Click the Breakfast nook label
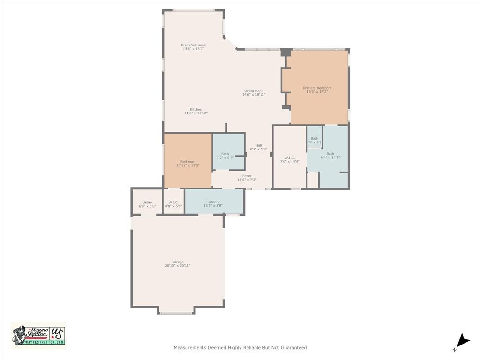tap(193, 45)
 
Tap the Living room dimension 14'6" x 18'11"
tap(254, 95)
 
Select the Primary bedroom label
tap(317, 88)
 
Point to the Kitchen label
tap(196, 109)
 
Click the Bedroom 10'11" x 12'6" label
tap(187, 162)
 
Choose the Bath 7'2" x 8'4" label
tap(225, 154)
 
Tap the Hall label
tap(258, 145)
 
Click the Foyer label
tap(247, 176)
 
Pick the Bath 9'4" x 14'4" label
tap(330, 154)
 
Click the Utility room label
tap(147, 202)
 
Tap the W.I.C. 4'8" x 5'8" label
tap(173, 202)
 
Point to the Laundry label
tap(213, 202)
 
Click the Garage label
tap(177, 262)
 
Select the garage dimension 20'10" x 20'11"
tap(177, 266)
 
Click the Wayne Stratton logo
tap(38, 335)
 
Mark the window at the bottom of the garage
tap(176, 313)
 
